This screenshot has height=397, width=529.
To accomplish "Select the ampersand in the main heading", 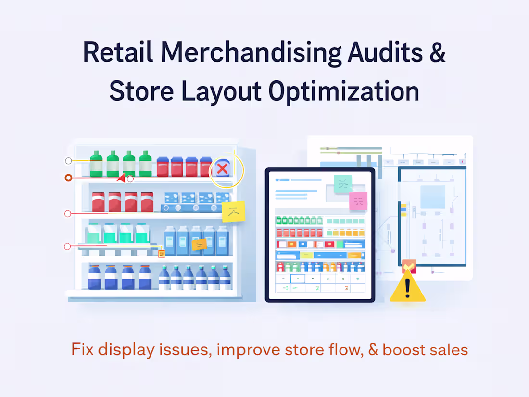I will [437, 52].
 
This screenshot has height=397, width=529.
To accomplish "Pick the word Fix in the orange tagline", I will [83, 349].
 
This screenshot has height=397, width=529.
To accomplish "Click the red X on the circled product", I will [222, 168].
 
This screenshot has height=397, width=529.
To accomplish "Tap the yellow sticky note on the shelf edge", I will [233, 211].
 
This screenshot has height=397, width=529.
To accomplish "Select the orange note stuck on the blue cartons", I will [199, 244].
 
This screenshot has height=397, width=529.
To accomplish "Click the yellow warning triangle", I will [407, 287].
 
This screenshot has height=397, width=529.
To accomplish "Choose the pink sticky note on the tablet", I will [358, 201].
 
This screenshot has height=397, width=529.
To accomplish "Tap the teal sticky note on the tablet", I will [343, 183].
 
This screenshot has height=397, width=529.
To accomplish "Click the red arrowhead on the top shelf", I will [121, 179].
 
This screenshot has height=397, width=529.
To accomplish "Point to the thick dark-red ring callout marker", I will [68, 178].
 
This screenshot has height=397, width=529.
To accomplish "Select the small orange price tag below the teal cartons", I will [161, 254].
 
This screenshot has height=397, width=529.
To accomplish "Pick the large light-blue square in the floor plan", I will [432, 197].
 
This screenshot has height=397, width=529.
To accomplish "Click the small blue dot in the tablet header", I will [277, 180].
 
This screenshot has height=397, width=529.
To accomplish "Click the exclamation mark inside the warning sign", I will [408, 289].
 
